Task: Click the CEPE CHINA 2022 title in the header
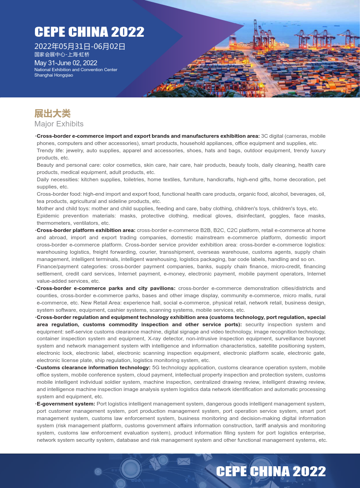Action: pos(89,32)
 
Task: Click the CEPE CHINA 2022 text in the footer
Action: pos(271,471)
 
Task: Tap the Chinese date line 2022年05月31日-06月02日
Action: pos(80,46)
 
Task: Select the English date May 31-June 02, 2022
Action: pos(66,63)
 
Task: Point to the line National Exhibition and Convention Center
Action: pos(76,70)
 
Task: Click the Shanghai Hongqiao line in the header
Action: pos(54,75)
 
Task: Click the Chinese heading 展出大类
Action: pos(53,113)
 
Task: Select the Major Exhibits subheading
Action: pos(59,124)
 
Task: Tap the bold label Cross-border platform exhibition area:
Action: pos(86,230)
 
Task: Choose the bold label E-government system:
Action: pos(66,404)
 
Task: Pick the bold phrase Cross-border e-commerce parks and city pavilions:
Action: pos(106,288)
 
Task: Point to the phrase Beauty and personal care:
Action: pos(68,165)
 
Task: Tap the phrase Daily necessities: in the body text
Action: pos(58,179)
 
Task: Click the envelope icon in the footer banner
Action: pos(184,461)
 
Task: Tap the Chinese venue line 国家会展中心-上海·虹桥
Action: pos(62,54)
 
